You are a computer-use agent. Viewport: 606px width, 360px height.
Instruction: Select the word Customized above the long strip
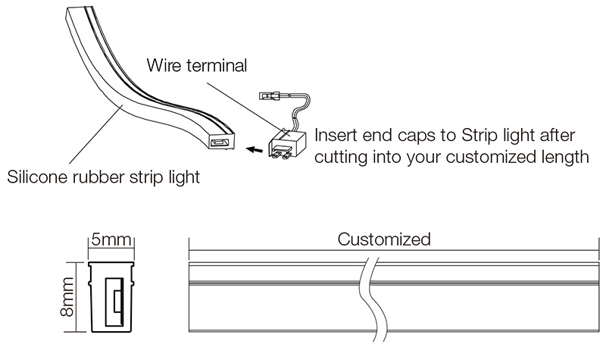coord(384,240)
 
